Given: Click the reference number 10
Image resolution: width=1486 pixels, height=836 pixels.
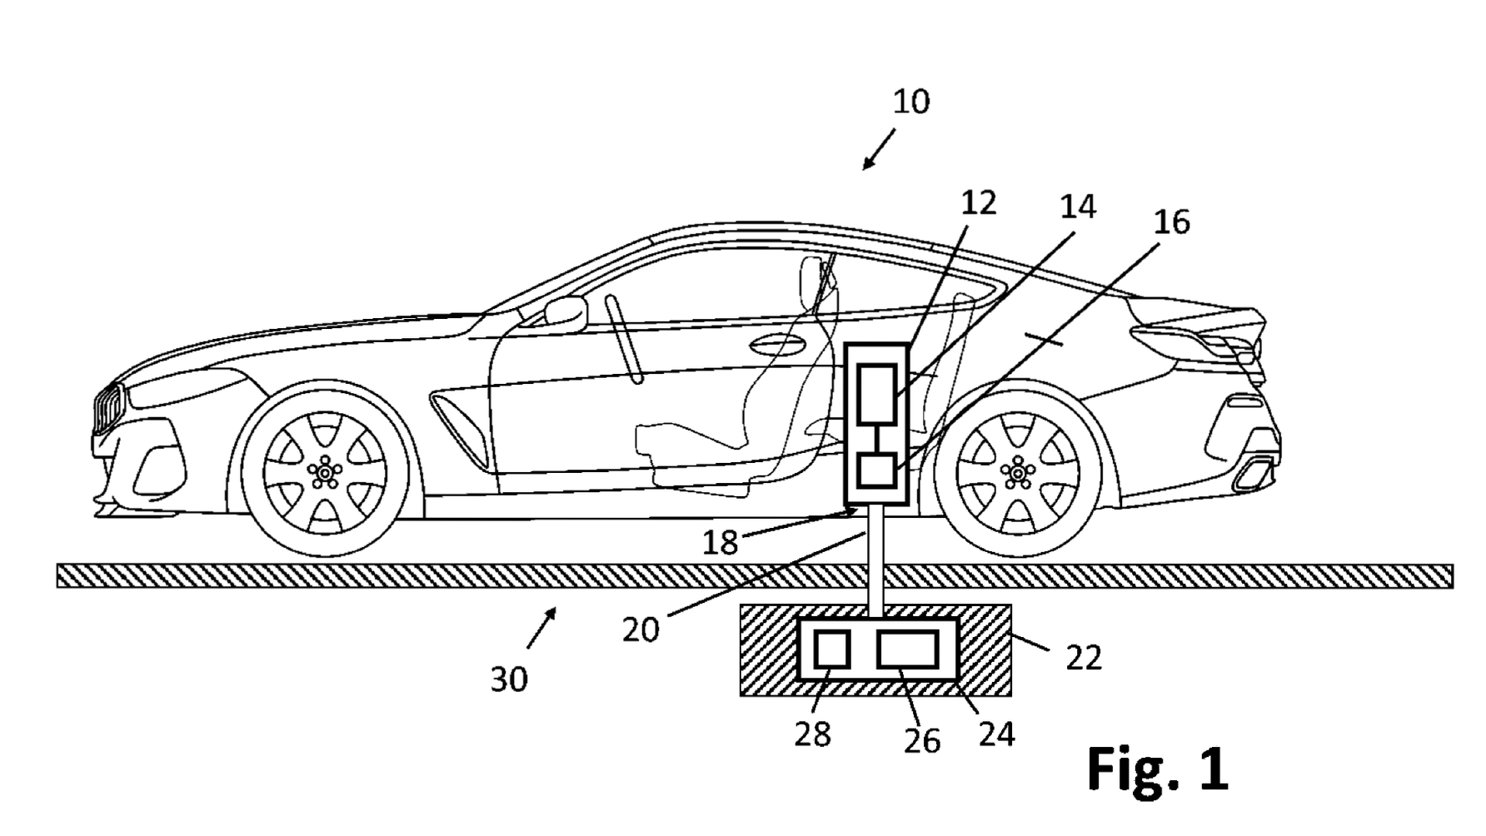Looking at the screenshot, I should [x=910, y=102].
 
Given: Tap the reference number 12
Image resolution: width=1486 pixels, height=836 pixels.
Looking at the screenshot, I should [x=978, y=203].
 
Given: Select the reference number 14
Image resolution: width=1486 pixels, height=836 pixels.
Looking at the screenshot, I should [x=1077, y=207].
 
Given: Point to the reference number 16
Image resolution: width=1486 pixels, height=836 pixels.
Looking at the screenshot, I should [x=1171, y=222].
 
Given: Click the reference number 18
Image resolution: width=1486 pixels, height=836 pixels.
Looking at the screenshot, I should [x=720, y=543].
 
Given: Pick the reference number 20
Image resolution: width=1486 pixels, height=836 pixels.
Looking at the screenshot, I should [x=641, y=630].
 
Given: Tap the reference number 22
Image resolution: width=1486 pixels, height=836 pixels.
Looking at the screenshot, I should [x=1083, y=658].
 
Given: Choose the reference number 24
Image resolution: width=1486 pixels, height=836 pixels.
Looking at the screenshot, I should [x=996, y=734].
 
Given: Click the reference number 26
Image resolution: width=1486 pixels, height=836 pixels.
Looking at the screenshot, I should [x=921, y=741].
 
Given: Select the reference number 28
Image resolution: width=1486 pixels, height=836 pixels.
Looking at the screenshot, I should [x=812, y=734].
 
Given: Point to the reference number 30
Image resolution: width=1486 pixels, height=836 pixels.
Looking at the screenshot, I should [x=508, y=680].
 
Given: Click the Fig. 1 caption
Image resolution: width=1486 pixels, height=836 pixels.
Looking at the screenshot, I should [x=1157, y=769].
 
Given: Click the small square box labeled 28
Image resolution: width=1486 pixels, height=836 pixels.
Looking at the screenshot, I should [x=831, y=649].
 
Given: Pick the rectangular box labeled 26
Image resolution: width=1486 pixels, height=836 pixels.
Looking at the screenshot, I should [x=908, y=649].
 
